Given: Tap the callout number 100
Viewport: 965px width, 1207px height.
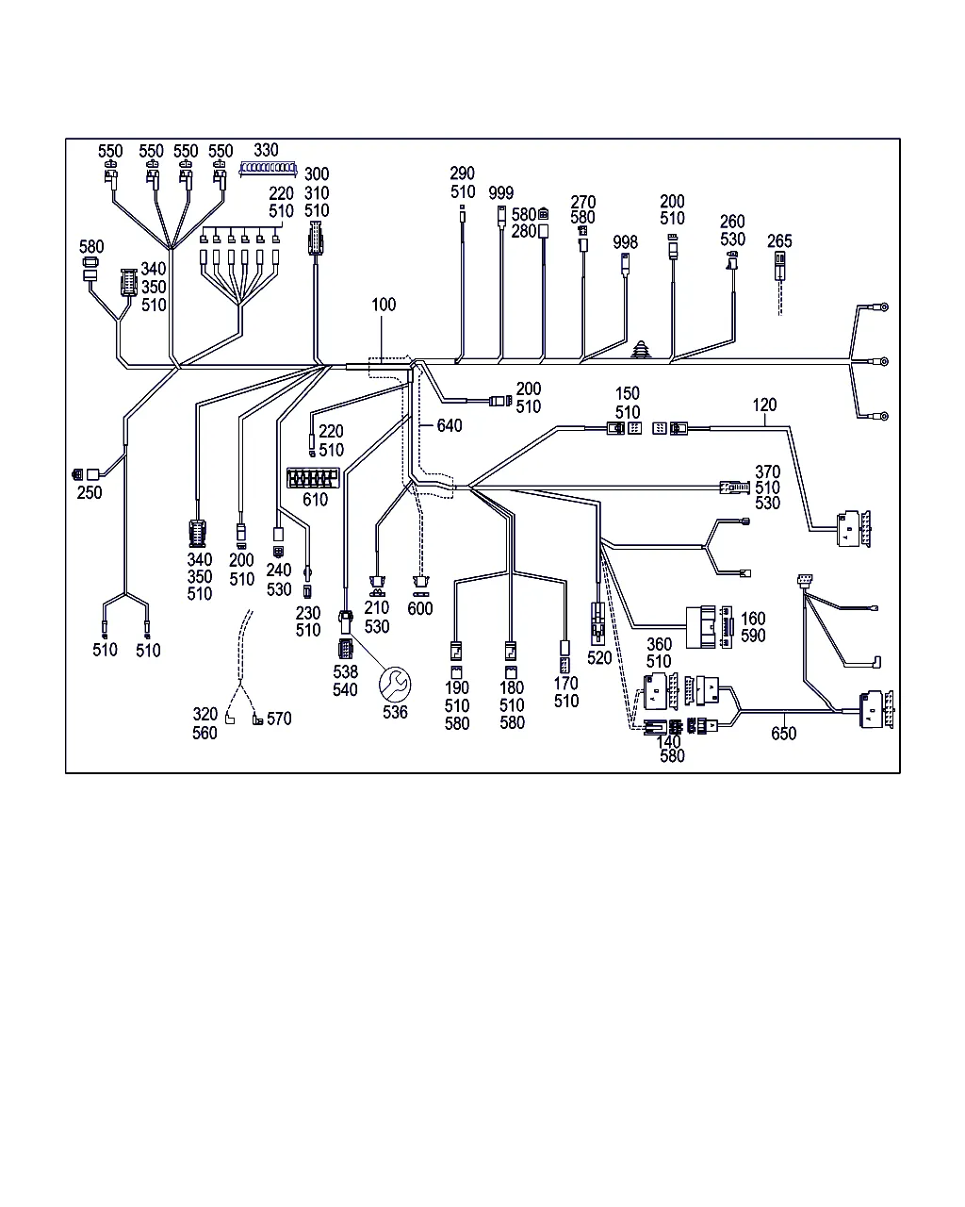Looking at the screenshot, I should tap(384, 305).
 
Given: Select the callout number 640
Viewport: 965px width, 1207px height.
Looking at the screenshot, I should tap(450, 426).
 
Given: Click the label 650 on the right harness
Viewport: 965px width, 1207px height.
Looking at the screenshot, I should tap(783, 734).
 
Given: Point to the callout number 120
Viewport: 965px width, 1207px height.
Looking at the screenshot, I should tap(764, 405).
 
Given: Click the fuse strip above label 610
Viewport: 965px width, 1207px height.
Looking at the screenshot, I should tap(312, 476).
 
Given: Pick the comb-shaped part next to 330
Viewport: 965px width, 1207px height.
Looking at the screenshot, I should tap(269, 170).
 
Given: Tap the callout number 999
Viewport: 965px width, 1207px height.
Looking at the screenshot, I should tap(501, 193).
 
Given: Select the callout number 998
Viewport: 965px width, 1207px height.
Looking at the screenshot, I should tap(626, 242).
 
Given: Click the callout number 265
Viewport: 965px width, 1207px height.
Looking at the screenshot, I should tap(780, 241).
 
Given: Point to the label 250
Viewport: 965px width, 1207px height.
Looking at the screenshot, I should tap(90, 492).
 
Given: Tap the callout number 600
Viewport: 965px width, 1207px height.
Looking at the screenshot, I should tap(420, 608).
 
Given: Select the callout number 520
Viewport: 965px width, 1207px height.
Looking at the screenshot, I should tap(599, 658).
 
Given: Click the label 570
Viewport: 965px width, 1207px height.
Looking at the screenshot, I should tap(279, 719).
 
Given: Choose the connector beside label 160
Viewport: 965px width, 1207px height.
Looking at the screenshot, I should tap(709, 627).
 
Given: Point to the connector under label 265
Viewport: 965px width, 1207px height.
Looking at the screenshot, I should tap(780, 265).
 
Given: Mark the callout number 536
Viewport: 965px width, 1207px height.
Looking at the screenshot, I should tap(395, 712).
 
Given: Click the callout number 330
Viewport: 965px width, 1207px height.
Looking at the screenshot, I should tap(267, 150).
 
